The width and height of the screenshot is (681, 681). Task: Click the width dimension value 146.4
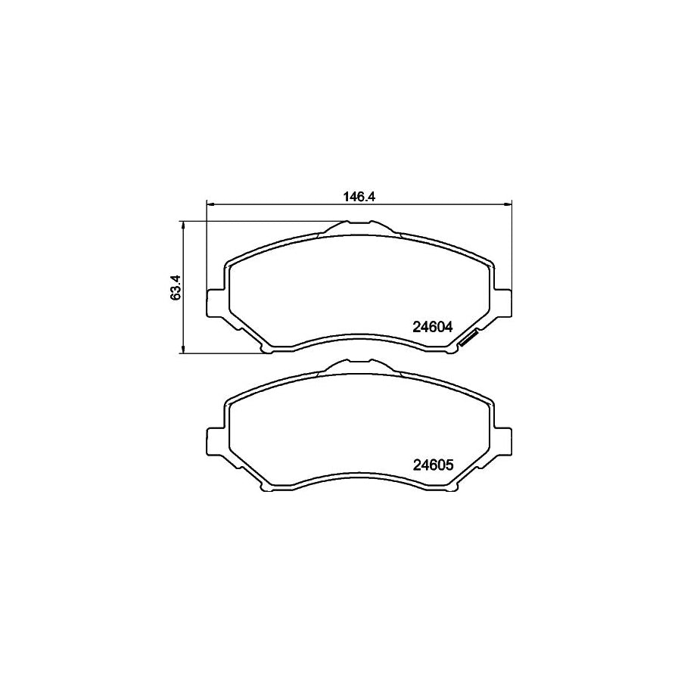359,195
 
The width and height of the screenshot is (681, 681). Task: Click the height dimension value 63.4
175,287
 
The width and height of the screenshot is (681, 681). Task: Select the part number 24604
432,328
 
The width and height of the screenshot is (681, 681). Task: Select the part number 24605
432,465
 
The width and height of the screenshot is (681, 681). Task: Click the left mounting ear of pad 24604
216,303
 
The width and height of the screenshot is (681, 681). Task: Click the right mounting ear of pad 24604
503,303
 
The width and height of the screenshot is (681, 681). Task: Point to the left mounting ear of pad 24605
216,440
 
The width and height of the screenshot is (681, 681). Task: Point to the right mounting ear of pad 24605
503,440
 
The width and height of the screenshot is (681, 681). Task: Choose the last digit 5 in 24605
448,465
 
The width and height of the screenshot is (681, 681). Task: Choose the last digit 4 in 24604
448,328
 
